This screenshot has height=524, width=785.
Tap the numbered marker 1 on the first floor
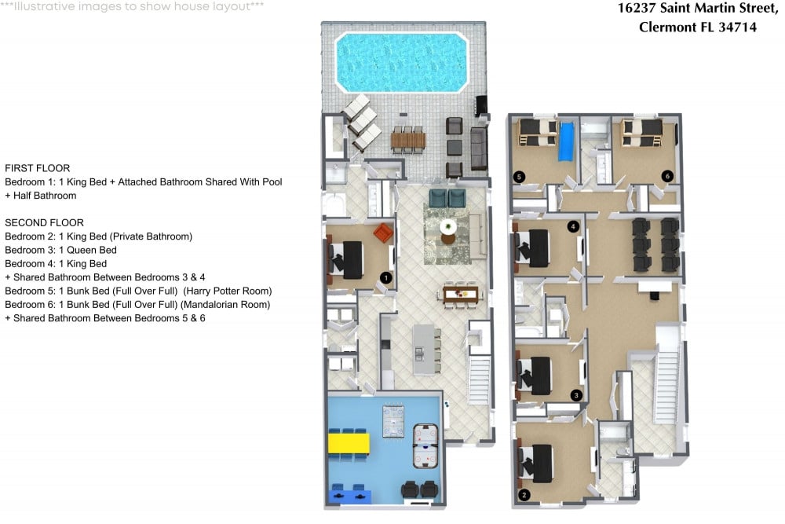click(x=385, y=277)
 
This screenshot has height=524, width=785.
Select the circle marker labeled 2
click(x=524, y=495)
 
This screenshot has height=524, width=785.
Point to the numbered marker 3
click(x=576, y=395)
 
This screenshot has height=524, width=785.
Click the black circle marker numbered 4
click(x=573, y=227)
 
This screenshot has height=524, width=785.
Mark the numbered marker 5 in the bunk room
click(x=518, y=177)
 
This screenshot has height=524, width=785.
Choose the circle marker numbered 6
click(x=667, y=177)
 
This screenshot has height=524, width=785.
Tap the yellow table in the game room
click(x=349, y=444)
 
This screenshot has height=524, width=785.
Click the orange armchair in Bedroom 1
click(x=382, y=233)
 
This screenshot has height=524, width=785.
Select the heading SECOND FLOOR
click(x=44, y=222)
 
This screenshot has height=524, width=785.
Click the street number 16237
click(x=637, y=8)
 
